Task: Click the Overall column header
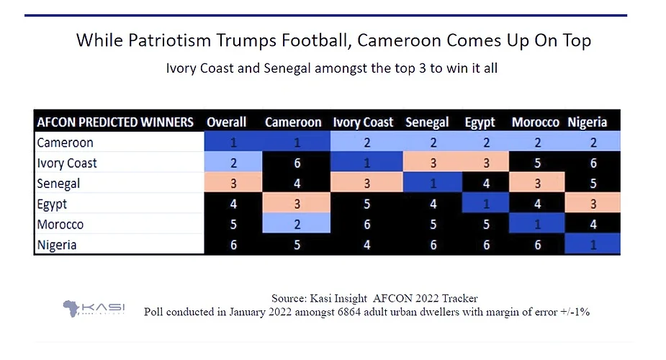click(226, 122)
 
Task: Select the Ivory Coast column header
click(363, 122)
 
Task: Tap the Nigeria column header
click(587, 122)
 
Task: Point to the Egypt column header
click(480, 122)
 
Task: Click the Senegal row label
click(59, 184)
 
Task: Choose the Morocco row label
click(60, 225)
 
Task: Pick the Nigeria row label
click(57, 245)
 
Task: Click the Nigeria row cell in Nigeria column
click(593, 245)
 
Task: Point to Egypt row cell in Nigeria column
click(593, 204)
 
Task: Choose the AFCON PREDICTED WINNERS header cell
click(115, 122)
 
